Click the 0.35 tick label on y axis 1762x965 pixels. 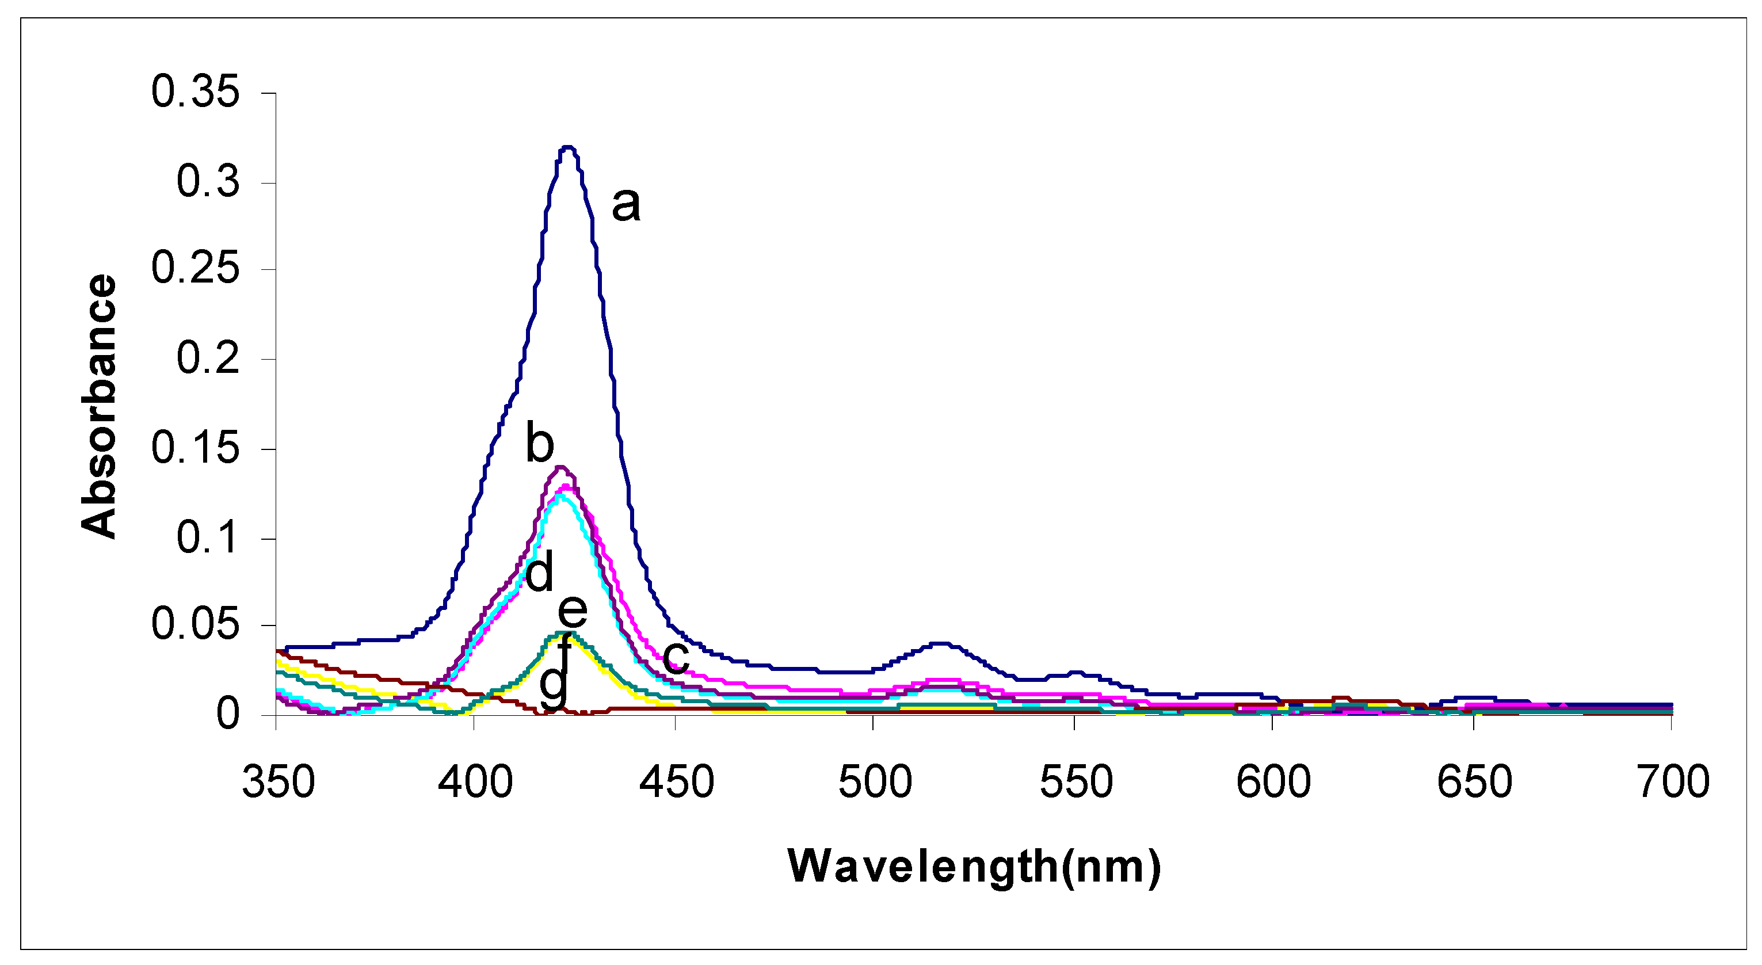coord(195,91)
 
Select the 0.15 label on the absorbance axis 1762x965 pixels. coord(195,449)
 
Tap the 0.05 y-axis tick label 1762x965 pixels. coord(195,624)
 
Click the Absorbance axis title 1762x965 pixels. coord(99,406)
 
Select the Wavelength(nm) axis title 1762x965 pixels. coord(974,867)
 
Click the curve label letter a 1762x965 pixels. coord(625,204)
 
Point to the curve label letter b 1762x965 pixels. coord(539,443)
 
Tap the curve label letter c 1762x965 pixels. coord(676,656)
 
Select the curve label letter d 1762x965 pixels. coord(539,573)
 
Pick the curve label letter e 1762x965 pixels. coord(573,610)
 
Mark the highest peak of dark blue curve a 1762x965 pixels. coord(567,147)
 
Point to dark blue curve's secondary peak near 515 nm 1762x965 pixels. coord(941,643)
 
